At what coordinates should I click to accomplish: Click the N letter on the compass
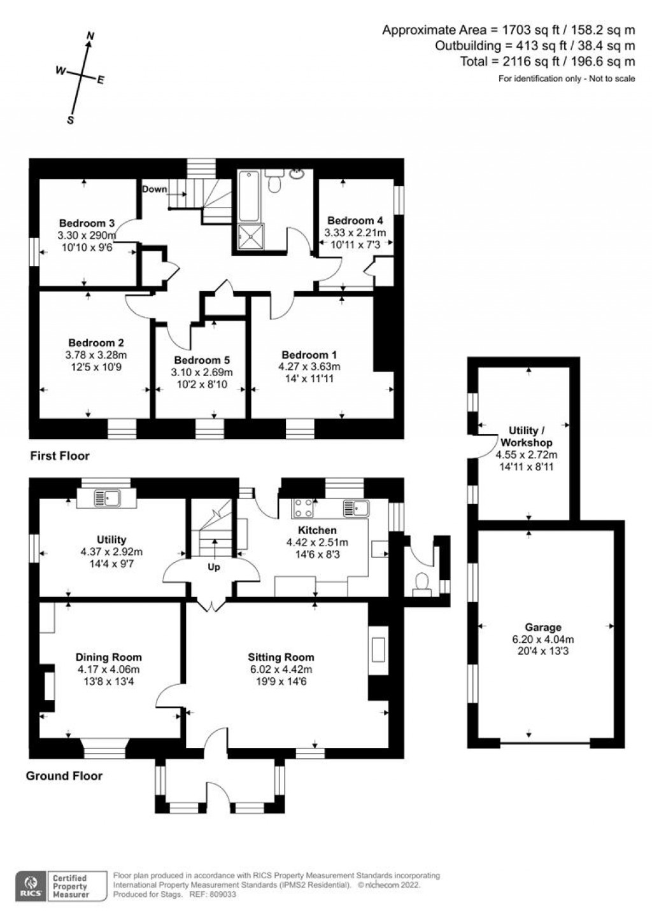pos(90,36)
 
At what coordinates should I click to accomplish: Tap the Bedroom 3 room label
pos(87,223)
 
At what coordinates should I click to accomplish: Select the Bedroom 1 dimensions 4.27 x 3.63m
pos(309,367)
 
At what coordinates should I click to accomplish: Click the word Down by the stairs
pos(154,189)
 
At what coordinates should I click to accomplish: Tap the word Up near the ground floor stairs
pos(213,566)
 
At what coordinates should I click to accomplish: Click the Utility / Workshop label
pos(526,437)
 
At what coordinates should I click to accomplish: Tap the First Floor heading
pos(60,456)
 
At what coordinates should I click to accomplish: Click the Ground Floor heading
pos(64,776)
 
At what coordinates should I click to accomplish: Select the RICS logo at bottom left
pos(29,885)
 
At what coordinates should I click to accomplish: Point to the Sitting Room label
pos(281,657)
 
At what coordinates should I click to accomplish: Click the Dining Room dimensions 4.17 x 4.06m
pos(108,670)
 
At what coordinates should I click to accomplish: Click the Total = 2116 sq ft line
pos(547,62)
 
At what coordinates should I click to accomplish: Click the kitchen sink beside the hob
pos(355,507)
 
